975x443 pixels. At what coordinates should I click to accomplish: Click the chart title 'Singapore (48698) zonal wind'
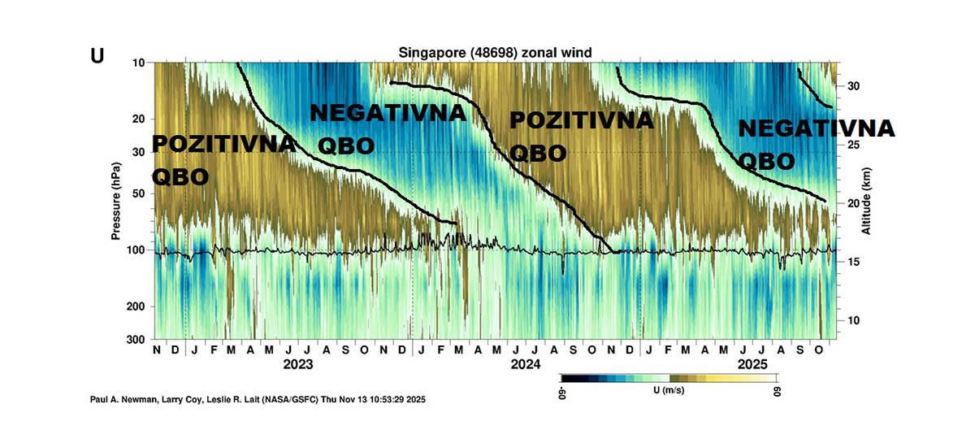pyautogui.click(x=494, y=53)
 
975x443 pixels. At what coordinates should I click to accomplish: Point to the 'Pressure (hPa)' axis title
pyautogui.click(x=116, y=199)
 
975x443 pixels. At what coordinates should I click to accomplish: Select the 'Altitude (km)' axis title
pyautogui.click(x=866, y=199)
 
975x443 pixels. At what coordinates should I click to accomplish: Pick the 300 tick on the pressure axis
pyautogui.click(x=136, y=339)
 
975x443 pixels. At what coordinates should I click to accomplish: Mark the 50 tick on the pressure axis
pyautogui.click(x=139, y=193)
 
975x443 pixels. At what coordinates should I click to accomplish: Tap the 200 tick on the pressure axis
pyautogui.click(x=136, y=306)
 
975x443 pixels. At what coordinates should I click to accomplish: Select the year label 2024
pyautogui.click(x=525, y=364)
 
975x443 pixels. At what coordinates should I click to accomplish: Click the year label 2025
pyautogui.click(x=752, y=364)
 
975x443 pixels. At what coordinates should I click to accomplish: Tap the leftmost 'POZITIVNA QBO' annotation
pyautogui.click(x=223, y=160)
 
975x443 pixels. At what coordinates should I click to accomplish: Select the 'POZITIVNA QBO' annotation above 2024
pyautogui.click(x=581, y=136)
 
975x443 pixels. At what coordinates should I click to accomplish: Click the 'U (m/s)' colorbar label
pyautogui.click(x=668, y=391)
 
